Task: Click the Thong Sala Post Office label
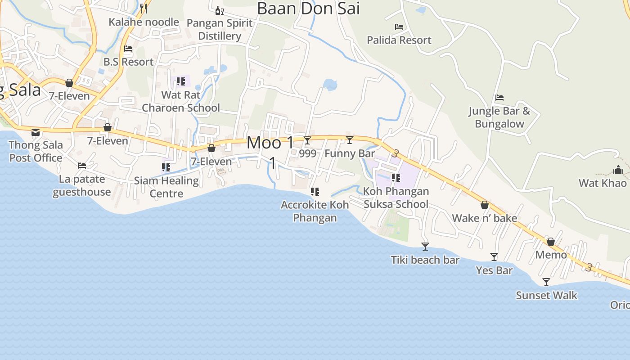(36, 152)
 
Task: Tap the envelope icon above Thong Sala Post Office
(36, 132)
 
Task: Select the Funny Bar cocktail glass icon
(350, 140)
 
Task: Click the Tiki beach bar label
(425, 260)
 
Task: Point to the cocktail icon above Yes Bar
(494, 257)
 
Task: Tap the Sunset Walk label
(546, 296)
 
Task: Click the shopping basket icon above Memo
(550, 242)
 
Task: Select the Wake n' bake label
(484, 218)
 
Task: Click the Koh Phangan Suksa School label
(396, 198)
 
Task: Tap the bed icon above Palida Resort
(399, 27)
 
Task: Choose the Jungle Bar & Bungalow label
(499, 117)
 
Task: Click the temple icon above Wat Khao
(618, 170)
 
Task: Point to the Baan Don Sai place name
(308, 8)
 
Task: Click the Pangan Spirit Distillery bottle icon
(219, 10)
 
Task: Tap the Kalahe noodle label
(144, 22)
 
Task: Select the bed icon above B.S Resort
(128, 49)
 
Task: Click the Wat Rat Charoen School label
(181, 101)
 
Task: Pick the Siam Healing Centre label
(166, 187)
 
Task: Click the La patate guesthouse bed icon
(82, 166)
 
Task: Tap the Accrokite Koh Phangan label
(315, 211)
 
